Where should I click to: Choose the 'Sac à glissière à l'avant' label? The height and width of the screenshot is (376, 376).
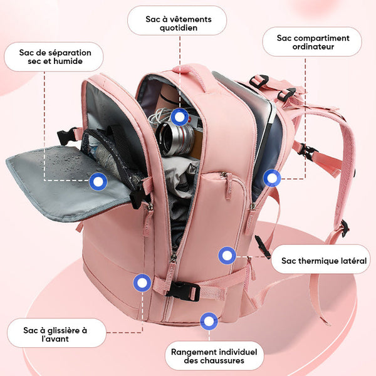[56, 334]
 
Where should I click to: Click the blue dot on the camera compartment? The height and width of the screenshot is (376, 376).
[180, 117]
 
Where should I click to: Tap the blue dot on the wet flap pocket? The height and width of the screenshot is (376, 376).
[98, 182]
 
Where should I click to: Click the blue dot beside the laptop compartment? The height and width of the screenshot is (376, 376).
[272, 178]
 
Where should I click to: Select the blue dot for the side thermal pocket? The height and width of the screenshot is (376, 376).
[227, 255]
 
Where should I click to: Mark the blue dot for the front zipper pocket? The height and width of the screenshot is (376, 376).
[142, 283]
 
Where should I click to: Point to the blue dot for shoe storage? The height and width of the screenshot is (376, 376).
[209, 322]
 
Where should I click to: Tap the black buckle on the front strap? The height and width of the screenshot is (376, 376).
[183, 290]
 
